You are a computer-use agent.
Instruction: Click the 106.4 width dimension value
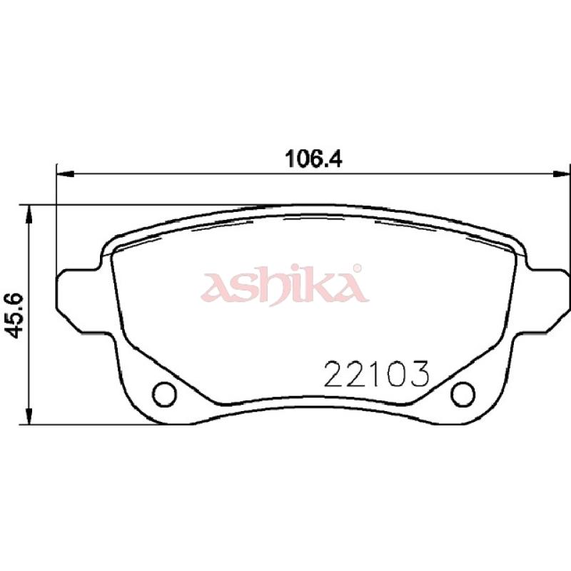[x=313, y=158]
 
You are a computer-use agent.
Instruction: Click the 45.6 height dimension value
[x=15, y=315]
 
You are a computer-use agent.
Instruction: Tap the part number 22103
[x=377, y=374]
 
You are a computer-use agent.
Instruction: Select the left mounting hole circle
[x=165, y=395]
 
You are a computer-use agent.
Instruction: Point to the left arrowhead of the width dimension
[x=66, y=174]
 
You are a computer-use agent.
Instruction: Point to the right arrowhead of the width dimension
[x=561, y=174]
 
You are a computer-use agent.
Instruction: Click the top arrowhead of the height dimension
[x=29, y=213]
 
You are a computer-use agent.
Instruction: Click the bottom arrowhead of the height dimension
[x=29, y=416]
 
